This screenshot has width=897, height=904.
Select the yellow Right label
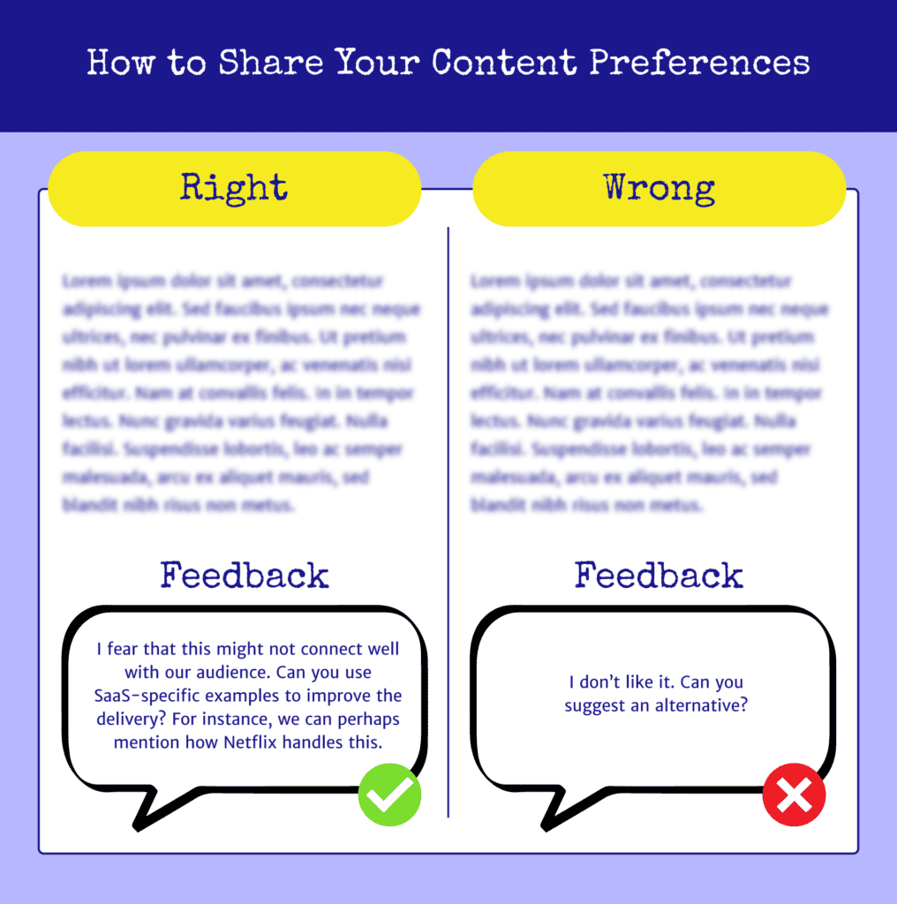[x=234, y=188]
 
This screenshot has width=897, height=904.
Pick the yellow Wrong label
[x=660, y=188]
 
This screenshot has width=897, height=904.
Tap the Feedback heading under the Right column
[x=245, y=576]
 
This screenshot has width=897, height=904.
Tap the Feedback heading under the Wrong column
[x=659, y=576]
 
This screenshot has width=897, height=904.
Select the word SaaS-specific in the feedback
[x=147, y=696]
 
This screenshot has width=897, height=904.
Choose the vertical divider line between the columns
[x=448, y=521]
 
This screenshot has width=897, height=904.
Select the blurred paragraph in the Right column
[x=240, y=393]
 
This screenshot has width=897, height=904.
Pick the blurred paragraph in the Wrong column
[x=649, y=393]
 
